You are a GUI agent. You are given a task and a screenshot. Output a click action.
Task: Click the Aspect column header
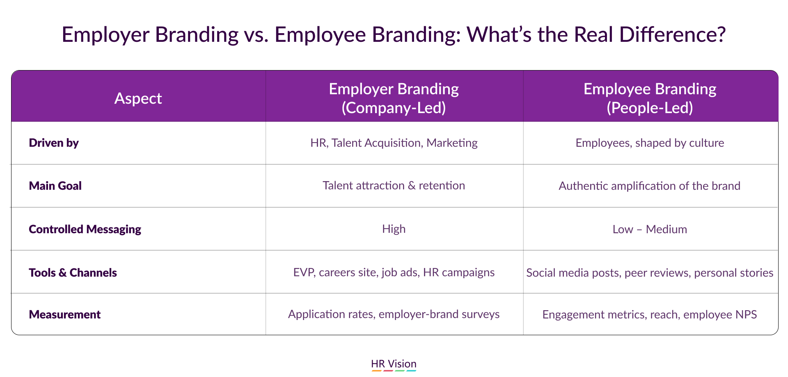tap(138, 98)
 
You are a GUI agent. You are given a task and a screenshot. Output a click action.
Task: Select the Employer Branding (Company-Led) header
tap(394, 98)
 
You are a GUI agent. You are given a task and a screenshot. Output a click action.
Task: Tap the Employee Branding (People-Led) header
tap(650, 98)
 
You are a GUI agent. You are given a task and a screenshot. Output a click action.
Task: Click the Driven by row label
tap(54, 143)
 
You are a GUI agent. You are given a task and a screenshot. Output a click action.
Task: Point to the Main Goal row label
tap(55, 186)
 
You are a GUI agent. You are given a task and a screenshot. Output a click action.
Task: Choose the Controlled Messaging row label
tap(85, 229)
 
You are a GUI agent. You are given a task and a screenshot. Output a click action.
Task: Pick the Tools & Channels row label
tap(73, 273)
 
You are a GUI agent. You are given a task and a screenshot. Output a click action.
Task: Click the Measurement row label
tap(65, 314)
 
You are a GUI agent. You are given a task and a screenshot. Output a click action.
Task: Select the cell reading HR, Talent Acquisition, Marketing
tap(394, 143)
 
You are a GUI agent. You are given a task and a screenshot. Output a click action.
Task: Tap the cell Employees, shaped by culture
tap(650, 143)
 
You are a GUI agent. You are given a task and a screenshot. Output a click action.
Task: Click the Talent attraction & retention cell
tap(394, 186)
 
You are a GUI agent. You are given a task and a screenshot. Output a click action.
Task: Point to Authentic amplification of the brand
tap(650, 186)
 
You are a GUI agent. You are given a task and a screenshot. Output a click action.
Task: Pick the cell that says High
tap(394, 229)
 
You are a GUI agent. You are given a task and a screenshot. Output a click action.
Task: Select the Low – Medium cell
tap(650, 229)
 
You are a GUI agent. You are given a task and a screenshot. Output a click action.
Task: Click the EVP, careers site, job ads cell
tap(394, 273)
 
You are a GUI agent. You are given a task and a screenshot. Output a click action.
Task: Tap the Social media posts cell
tap(650, 273)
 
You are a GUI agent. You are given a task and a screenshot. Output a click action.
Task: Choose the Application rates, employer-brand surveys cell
tap(394, 314)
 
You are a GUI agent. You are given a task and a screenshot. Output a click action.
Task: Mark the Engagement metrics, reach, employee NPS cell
tap(650, 315)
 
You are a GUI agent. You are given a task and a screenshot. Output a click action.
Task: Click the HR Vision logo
tap(394, 364)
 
